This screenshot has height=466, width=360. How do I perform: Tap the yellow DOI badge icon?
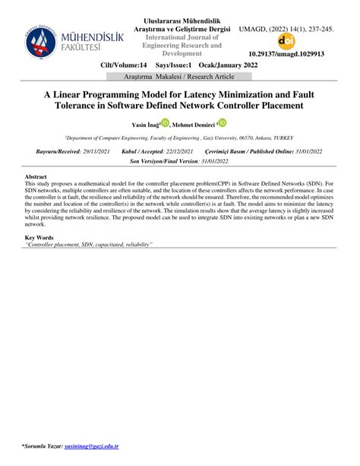286,42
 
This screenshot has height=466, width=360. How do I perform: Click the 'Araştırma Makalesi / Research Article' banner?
180,78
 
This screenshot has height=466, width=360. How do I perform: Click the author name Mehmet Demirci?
194,125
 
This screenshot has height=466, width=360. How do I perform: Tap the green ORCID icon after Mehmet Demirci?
223,122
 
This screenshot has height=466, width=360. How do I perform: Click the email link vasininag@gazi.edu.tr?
93,446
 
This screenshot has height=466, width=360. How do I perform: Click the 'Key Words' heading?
39,239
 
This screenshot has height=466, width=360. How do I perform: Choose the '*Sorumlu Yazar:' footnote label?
43,446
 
